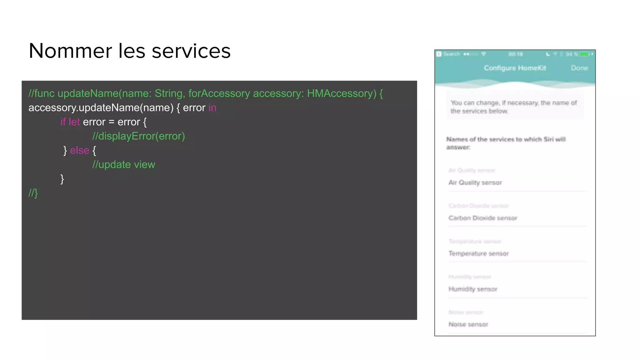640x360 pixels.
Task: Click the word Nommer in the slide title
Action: pos(70,51)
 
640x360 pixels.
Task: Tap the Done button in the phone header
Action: pos(579,68)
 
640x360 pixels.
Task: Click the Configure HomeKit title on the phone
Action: pos(515,68)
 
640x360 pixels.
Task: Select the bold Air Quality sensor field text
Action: pos(475,182)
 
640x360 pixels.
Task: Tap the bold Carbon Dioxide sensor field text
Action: pos(483,218)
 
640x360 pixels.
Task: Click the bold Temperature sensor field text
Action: pos(478,253)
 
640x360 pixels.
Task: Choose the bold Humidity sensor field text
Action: pos(473,289)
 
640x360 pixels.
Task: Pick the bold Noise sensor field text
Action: pos(468,324)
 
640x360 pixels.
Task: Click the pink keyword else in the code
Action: pos(79,150)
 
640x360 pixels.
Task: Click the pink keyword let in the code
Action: pos(74,122)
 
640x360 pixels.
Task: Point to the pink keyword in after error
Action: pos(212,108)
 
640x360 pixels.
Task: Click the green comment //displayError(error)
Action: pos(138,136)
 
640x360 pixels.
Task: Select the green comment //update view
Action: pos(123,165)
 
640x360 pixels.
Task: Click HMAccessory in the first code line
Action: pos(342,93)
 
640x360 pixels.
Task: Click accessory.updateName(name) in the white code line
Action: pos(101,108)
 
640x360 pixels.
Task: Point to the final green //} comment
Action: pos(33,193)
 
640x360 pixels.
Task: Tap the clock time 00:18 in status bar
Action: pos(515,54)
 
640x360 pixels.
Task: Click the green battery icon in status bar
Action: pos(584,54)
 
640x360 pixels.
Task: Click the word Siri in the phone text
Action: pos(548,139)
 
